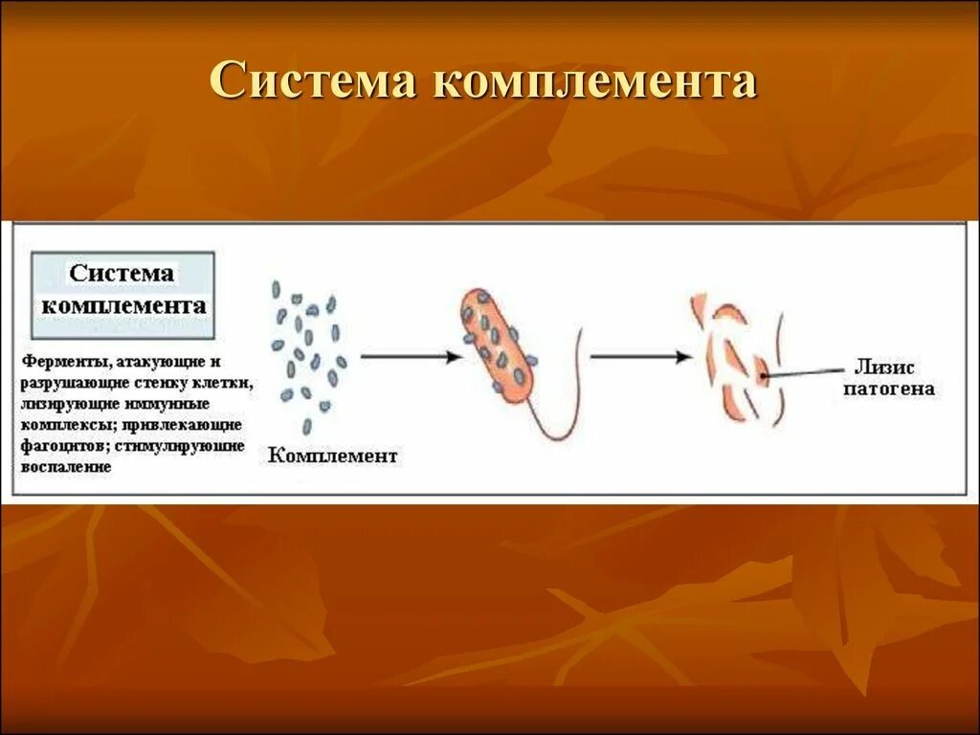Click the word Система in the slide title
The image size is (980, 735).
312,82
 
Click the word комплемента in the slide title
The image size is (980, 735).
595,82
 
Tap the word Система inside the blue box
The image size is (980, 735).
122,274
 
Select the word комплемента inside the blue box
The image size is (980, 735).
123,307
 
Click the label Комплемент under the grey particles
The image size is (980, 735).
332,456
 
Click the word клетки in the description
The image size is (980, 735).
228,384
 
